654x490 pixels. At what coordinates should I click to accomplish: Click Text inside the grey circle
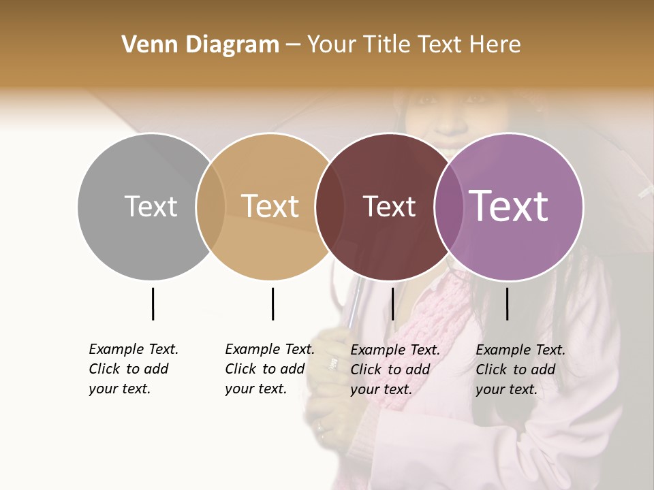(151, 206)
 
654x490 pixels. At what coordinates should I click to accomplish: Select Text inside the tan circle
(270, 206)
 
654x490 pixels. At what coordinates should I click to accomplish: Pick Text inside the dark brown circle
(389, 206)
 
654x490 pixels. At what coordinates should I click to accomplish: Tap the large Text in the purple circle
(509, 206)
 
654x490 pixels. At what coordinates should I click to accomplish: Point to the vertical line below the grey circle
(153, 304)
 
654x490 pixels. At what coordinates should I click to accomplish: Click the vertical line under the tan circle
(272, 304)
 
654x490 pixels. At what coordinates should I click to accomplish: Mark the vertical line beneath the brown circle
(392, 304)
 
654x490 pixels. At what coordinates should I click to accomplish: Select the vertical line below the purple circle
(507, 304)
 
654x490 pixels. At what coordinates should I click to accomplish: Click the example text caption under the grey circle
(133, 369)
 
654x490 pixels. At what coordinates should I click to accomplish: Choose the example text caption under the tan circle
(269, 369)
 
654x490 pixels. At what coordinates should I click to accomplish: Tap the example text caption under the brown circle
(394, 370)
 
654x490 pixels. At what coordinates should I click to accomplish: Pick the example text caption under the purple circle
(520, 370)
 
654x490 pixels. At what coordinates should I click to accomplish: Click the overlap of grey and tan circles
(211, 206)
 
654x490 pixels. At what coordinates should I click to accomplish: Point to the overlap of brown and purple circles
(449, 206)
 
